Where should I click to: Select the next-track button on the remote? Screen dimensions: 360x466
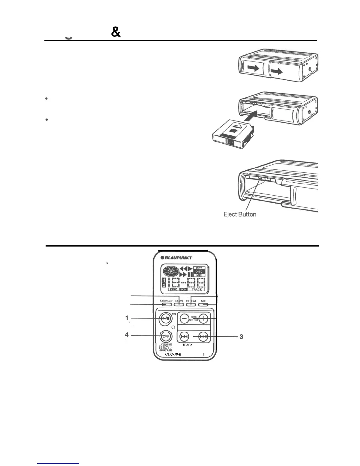203,337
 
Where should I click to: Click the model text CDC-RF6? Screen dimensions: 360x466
173,354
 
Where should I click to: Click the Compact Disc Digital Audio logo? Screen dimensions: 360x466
165,348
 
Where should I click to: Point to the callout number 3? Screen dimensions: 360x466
241,337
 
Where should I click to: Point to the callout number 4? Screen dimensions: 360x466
127,335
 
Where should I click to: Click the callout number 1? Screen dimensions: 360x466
127,318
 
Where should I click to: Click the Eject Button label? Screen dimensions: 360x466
240,214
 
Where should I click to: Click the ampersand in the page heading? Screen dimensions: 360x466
116,33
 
